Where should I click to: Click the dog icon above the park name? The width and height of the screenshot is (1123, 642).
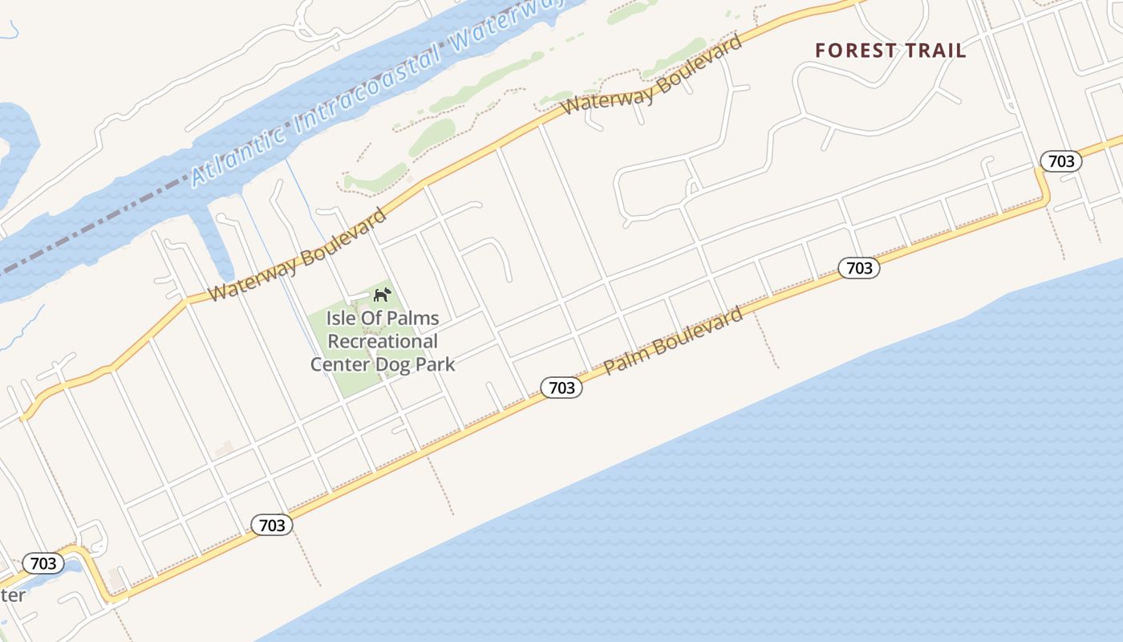tap(383, 295)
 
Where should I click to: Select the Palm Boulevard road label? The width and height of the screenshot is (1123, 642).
tap(673, 340)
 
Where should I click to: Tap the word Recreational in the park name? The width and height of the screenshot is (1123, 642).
tap(383, 341)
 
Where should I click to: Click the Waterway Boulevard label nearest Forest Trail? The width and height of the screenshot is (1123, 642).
tap(651, 75)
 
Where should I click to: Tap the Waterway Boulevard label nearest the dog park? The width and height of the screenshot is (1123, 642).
tap(298, 254)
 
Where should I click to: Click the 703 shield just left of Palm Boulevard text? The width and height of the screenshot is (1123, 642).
tap(561, 388)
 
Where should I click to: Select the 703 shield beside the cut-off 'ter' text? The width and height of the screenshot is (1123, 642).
tap(43, 563)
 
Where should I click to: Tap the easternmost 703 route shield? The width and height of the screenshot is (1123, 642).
tap(1060, 161)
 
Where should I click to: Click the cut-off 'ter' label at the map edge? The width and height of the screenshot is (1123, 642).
tap(12, 595)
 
